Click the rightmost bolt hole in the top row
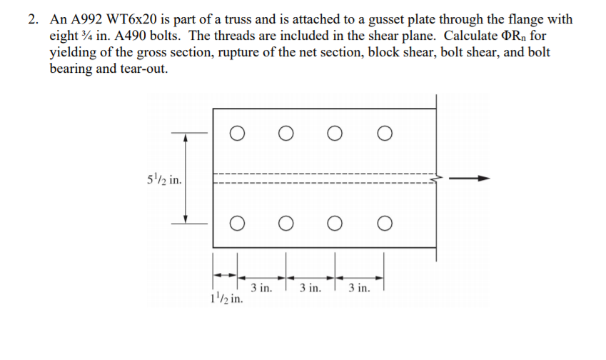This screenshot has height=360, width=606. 385,132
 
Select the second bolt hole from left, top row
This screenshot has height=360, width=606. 286,132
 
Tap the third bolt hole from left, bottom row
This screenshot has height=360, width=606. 335,224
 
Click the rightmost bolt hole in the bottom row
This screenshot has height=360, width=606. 385,224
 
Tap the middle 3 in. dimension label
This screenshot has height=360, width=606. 311,289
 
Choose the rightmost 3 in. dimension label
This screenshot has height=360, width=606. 359,289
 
